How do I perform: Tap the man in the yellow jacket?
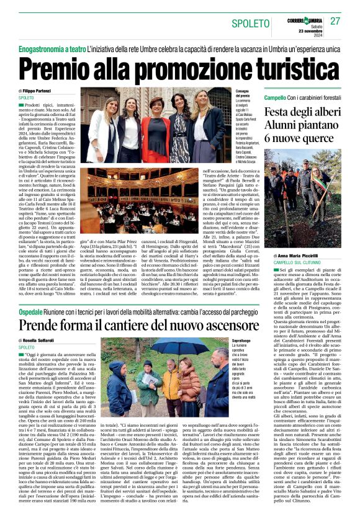(x=170, y=380)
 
